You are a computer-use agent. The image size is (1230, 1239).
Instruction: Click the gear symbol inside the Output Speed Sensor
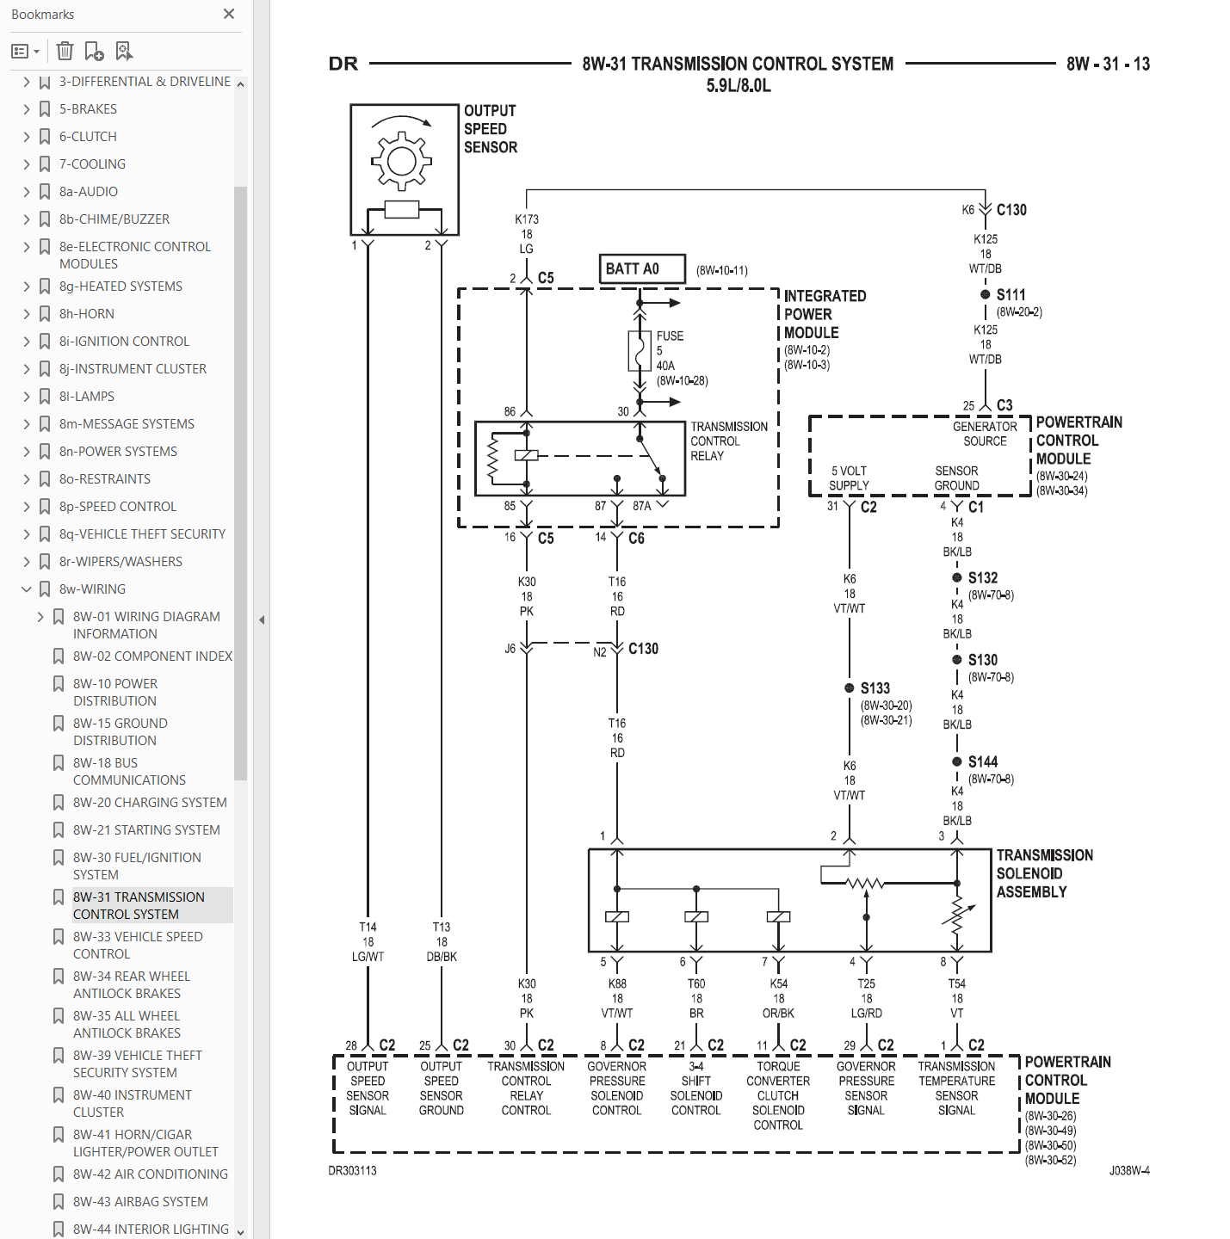pos(401,161)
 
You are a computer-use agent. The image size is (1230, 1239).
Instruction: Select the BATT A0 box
pos(641,268)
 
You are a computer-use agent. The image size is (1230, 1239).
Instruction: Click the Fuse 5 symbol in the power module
pos(638,351)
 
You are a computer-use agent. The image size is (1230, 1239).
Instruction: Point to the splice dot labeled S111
pos(985,294)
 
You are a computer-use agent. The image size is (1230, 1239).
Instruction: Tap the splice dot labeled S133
pos(850,688)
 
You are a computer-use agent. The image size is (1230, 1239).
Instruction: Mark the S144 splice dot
pos(956,762)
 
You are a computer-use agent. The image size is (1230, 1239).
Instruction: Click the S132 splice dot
pos(956,577)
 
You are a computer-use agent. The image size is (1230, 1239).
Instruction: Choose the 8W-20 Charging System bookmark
pos(149,803)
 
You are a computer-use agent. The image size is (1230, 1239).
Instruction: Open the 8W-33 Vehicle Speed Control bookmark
pos(138,945)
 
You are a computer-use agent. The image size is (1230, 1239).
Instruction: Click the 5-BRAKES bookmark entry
pos(88,109)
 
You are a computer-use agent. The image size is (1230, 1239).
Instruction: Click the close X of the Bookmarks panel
pos(228,14)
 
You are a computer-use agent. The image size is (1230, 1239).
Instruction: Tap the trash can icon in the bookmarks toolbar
pos(65,51)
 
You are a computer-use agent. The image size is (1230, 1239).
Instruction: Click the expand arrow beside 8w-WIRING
pos(27,589)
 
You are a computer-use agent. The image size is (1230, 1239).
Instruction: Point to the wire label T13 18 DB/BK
pos(442,941)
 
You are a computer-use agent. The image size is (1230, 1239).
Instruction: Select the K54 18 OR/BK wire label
pos(778,999)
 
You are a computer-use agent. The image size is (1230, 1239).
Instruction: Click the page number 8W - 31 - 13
pos(1108,64)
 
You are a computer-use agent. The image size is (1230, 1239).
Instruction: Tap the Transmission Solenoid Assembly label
pos(1044,873)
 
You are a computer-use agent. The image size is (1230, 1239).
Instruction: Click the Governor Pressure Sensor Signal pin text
pos(866,1088)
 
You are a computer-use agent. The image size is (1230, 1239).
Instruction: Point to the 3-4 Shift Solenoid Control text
pos(696,1088)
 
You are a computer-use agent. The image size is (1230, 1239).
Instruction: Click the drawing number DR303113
pos(352,1170)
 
